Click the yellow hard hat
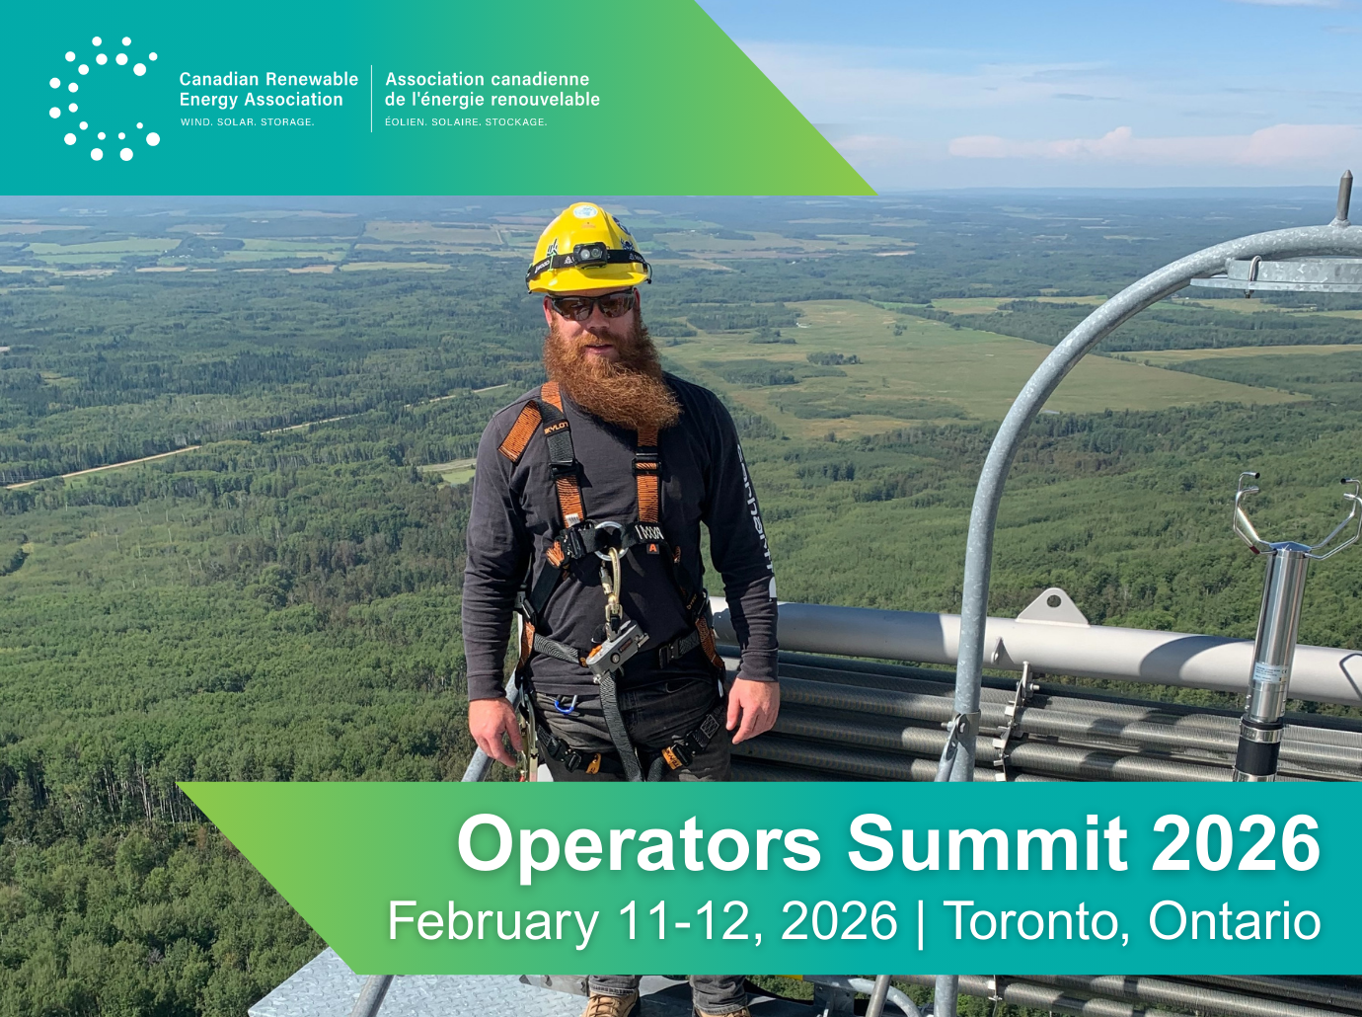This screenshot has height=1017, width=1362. coord(588,248)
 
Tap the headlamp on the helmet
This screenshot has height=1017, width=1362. coord(589,253)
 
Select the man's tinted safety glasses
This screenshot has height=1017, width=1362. coord(593,306)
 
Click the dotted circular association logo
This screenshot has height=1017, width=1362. coord(105,98)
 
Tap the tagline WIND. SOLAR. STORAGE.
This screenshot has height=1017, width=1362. coord(247,122)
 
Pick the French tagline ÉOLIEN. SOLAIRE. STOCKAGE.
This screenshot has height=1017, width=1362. coord(466,122)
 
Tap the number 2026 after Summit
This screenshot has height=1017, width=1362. coord(1236,843)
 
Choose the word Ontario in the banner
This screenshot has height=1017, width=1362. coord(1234,921)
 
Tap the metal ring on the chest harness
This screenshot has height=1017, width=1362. coord(609,537)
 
